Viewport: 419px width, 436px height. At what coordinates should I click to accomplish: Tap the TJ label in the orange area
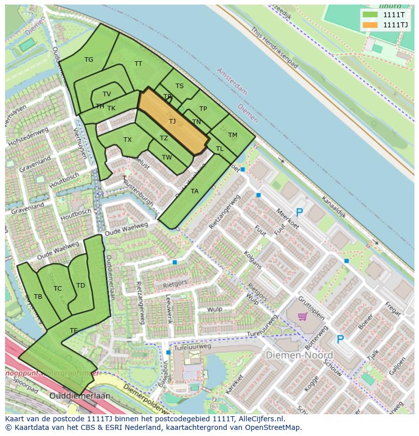coord(172,122)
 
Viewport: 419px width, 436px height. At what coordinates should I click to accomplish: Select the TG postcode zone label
coord(89,60)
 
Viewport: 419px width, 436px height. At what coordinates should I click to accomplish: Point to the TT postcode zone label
coord(138,64)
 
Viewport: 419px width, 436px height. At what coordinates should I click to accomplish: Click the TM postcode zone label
coord(232,135)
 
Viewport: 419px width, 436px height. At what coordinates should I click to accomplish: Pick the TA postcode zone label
coord(194,191)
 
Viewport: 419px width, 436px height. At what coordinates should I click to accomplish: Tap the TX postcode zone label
coord(128,140)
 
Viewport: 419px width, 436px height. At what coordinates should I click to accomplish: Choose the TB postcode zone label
coord(38,297)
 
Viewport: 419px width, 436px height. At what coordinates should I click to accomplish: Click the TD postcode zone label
coord(80,286)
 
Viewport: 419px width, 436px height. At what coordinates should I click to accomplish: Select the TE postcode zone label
coord(73,331)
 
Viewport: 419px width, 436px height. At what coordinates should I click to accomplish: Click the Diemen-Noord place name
coord(299,355)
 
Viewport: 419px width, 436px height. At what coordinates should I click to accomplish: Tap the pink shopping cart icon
coord(303,316)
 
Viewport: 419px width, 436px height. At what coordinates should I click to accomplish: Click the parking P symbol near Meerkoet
coord(299,213)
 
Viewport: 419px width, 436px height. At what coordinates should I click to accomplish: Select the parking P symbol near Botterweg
coord(341,339)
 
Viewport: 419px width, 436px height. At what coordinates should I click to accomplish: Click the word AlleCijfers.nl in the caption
coord(260,419)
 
